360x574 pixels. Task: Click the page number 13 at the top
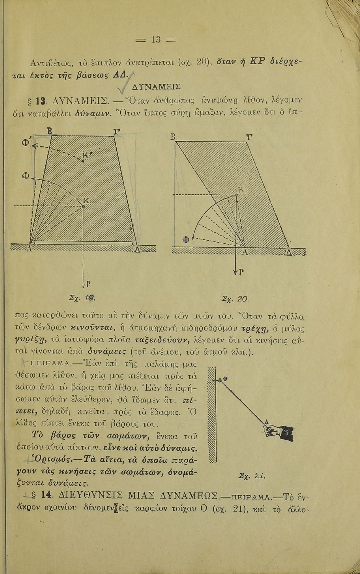click(155, 39)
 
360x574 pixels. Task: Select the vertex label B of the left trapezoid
click(49, 131)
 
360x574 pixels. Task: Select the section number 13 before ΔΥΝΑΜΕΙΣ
click(44, 102)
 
